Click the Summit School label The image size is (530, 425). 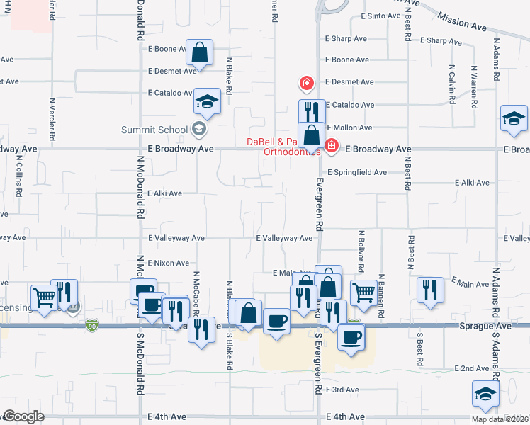point(153,129)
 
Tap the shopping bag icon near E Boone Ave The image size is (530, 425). point(200,52)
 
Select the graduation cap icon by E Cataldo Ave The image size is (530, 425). point(208,103)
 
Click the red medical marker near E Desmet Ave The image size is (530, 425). point(307,84)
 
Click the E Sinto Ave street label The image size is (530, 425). point(381,16)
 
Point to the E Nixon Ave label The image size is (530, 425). point(169,263)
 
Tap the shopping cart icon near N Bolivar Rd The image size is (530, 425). point(363,292)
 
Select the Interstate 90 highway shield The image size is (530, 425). point(91,325)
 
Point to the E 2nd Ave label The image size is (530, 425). point(472,369)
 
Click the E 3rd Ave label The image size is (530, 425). point(343,390)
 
